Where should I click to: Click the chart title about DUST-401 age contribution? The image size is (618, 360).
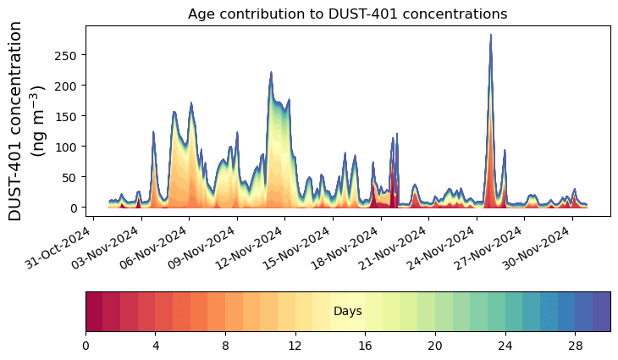[347, 14]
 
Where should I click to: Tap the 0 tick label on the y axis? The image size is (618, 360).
[74, 208]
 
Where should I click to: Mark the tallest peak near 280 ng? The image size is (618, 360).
[491, 36]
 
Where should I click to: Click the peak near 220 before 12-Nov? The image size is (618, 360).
[271, 73]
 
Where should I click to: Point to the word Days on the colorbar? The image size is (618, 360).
[347, 312]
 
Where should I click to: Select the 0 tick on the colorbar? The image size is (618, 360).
[86, 346]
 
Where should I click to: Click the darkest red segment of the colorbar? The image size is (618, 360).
[94, 311]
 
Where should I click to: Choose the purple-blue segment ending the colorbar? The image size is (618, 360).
[601, 311]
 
